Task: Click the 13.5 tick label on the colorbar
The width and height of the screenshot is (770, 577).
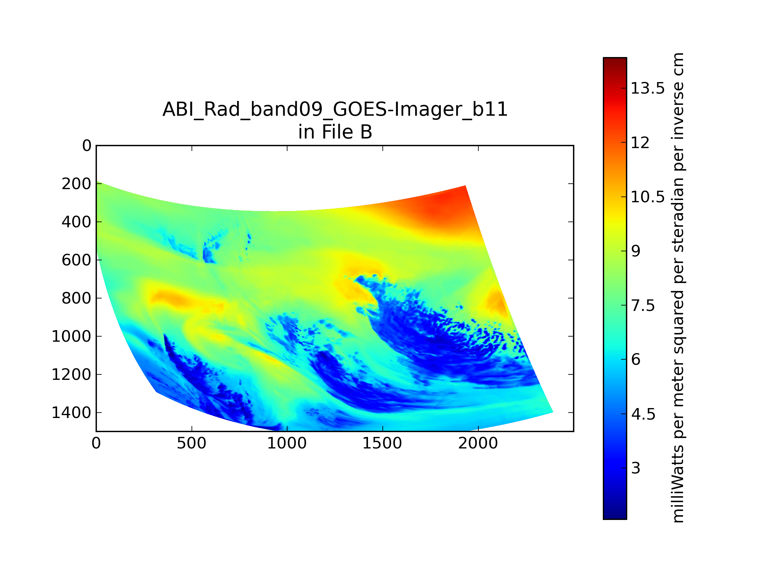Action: pos(647,88)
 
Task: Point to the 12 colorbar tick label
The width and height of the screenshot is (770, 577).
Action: pos(640,143)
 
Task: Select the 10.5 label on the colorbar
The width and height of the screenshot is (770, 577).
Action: pos(647,197)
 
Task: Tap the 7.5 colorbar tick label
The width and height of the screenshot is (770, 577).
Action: pos(643,306)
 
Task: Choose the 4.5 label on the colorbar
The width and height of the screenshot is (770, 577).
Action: pos(643,414)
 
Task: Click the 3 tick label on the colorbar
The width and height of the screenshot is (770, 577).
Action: pos(636,468)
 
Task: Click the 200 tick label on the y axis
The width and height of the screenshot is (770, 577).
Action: pos(77,184)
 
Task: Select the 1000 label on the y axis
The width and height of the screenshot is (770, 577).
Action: pos(71,336)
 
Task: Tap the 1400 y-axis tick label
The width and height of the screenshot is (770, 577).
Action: pos(71,413)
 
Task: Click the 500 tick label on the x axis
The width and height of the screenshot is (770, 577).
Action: pos(192,443)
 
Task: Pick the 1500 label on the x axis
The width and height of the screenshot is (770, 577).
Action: pos(382,443)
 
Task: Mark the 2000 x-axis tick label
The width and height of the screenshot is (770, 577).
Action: pos(478,443)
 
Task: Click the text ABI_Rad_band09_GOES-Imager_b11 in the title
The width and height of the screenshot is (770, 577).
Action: pos(335,110)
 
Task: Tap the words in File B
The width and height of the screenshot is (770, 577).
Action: pos(335,132)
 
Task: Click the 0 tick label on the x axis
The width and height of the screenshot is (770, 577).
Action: pos(96,443)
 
